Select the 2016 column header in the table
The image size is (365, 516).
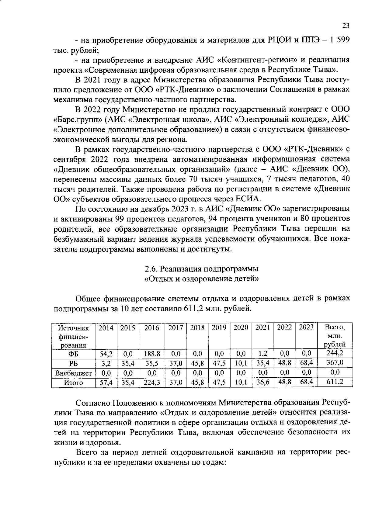pos(151,328)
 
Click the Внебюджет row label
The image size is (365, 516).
pos(73,373)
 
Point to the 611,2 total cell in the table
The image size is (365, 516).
pos(335,382)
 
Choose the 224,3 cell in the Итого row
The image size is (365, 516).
pos(151,382)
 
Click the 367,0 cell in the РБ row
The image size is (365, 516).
pos(335,363)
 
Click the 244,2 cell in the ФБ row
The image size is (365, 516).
pos(335,353)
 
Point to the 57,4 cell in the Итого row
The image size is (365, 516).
pos(106,382)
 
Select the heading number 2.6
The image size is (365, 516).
pos(151,269)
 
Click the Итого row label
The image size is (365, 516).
pos(73,383)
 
